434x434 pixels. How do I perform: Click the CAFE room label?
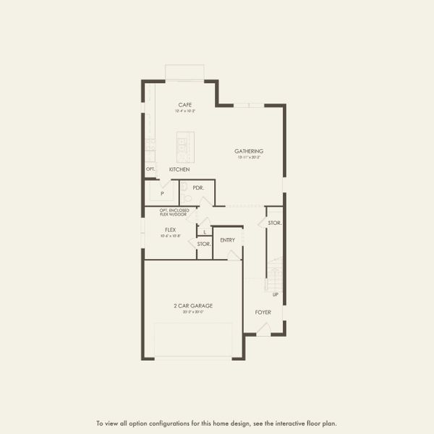pos(185,105)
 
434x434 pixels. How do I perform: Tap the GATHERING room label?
pos(248,151)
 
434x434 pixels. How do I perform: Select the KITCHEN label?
pos(179,169)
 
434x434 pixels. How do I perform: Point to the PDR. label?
pos(197,187)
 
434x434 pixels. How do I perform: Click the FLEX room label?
pos(171,230)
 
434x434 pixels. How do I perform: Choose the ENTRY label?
pos(227,239)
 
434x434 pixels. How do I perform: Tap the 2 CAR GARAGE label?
pos(193,306)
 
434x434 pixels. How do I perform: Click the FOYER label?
pos(263,312)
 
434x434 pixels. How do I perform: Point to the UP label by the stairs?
pos(276,294)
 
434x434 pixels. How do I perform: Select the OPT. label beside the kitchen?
pos(150,169)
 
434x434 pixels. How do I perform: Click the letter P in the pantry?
pos(162,194)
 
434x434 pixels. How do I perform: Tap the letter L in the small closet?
pos(205,231)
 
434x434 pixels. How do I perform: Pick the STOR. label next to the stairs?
pos(274,223)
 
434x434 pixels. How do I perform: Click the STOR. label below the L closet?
pos(204,244)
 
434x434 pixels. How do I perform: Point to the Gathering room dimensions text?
pos(248,157)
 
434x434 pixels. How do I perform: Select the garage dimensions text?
pos(193,312)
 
